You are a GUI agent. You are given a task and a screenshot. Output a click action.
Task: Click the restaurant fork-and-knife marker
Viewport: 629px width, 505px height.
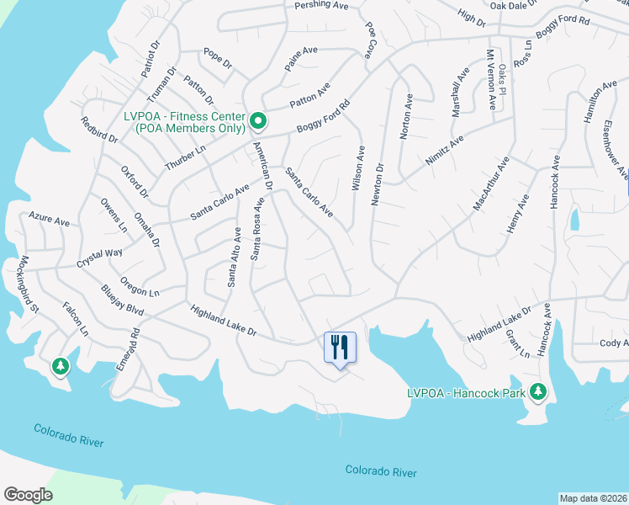pos(340,347)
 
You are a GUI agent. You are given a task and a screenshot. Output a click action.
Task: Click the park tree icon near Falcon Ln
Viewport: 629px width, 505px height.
pos(60,366)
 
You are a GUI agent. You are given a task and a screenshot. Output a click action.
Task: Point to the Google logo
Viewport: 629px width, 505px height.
pos(29,495)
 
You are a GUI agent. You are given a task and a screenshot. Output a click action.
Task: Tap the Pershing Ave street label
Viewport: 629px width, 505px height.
pos(321,6)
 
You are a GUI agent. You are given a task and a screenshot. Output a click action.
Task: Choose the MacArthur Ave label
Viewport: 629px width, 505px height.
pos(492,183)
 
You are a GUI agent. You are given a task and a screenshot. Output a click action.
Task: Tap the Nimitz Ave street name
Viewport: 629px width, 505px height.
pos(445,150)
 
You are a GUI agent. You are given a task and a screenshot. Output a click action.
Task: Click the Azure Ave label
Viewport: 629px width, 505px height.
pos(49,220)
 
